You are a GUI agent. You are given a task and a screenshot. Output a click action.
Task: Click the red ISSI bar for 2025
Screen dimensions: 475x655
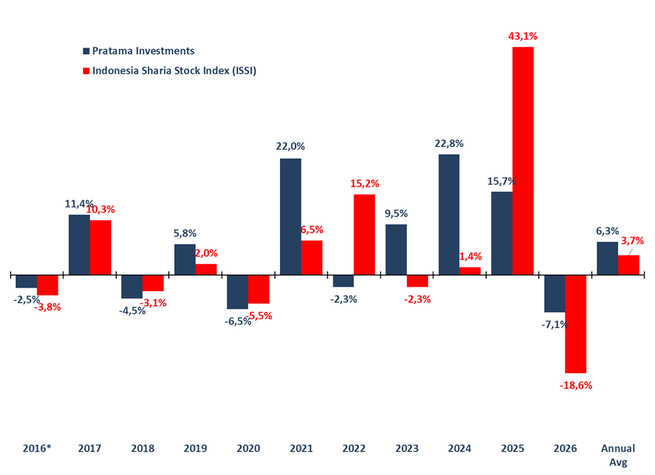[x=523, y=161]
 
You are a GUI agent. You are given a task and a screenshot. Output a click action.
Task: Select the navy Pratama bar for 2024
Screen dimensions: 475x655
[x=449, y=214]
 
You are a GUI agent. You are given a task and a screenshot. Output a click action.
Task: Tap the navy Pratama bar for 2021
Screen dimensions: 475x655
[x=291, y=216]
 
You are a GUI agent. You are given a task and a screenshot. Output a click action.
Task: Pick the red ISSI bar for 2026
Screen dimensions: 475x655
[x=576, y=323]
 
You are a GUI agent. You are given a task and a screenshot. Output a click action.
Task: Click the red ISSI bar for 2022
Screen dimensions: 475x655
[x=364, y=234]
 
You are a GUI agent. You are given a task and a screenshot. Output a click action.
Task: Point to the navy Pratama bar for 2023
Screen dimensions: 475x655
[x=396, y=249]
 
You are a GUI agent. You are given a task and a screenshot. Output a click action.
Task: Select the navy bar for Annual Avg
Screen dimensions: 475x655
[x=607, y=258]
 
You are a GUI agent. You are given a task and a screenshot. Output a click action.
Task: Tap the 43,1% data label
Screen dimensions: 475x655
[x=523, y=36]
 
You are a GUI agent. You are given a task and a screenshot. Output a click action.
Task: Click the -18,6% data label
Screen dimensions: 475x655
[x=576, y=385]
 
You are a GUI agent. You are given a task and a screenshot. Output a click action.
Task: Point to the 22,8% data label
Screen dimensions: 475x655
[x=449, y=143]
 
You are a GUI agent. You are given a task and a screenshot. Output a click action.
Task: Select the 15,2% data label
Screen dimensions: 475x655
[x=364, y=183]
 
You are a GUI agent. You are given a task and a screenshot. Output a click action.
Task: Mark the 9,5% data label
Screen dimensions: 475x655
[x=396, y=213]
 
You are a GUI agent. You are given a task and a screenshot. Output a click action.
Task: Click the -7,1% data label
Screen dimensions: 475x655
[x=554, y=324]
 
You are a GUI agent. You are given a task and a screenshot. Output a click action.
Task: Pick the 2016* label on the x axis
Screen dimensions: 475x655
[x=36, y=448]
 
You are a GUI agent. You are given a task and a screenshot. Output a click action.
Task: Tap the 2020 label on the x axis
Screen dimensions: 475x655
[x=248, y=448]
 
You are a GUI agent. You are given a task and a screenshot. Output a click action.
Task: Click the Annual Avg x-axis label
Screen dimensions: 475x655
[x=618, y=455]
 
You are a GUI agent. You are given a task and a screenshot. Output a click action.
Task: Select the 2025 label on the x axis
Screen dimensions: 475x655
[x=512, y=448]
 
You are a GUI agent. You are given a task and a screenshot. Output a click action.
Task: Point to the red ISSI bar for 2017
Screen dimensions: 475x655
[x=100, y=247]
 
